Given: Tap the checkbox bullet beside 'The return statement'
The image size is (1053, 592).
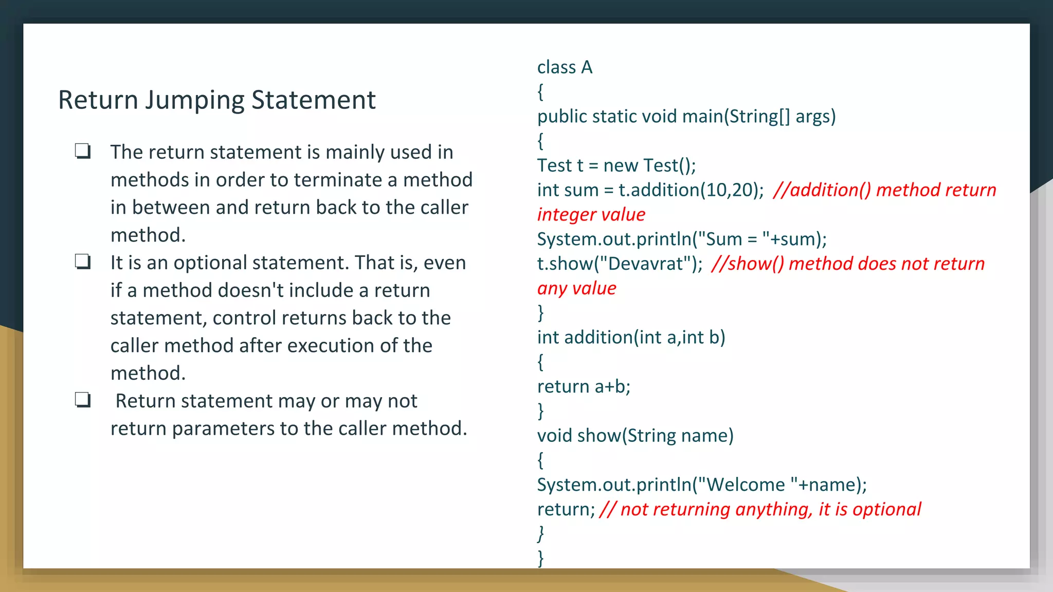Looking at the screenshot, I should pos(83,151).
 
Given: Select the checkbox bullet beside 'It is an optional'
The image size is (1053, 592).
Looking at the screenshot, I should pos(83,262).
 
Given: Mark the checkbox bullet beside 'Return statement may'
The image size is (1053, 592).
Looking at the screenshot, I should pos(83,400).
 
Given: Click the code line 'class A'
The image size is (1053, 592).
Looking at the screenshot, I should pos(565,67).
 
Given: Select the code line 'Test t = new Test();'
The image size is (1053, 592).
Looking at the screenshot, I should pos(616,165).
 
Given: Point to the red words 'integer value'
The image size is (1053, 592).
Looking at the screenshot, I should pos(591,215).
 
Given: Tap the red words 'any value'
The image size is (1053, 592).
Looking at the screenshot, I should pos(576,288).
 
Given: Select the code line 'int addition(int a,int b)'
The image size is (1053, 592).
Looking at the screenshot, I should pos(631,338).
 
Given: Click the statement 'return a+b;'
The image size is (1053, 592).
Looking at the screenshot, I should pos(584,386).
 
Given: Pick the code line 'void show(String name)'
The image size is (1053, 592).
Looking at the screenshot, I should pos(635,436).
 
